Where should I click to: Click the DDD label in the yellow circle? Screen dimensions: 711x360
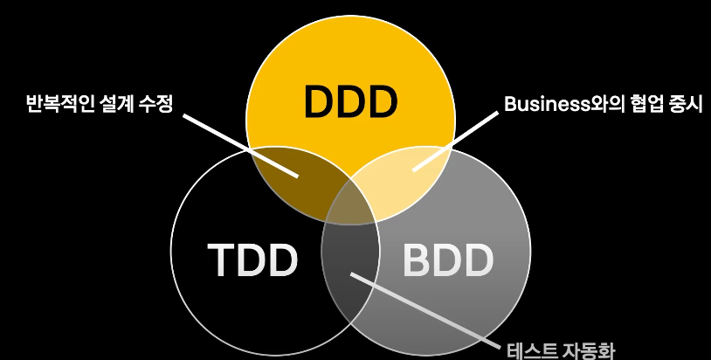point(350,102)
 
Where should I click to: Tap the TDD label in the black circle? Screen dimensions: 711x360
point(253,260)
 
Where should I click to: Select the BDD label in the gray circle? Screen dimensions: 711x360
point(448,260)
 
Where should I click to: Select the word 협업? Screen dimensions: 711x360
point(632,105)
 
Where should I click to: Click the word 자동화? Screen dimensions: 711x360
point(590,351)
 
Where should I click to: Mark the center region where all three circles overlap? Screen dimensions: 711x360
point(350,208)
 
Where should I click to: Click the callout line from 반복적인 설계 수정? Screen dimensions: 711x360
point(236,140)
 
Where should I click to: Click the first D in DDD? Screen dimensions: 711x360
point(320,102)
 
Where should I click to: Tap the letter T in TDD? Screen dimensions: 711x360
point(221,260)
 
